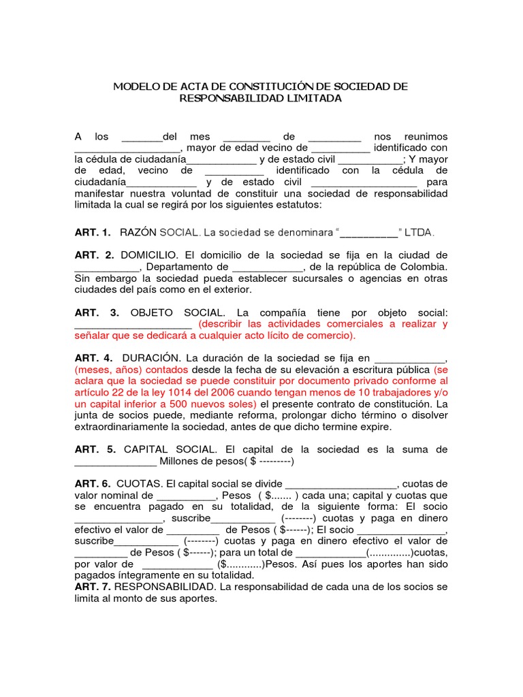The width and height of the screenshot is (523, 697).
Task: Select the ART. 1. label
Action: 92,232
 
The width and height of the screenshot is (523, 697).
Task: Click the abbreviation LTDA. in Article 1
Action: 419,232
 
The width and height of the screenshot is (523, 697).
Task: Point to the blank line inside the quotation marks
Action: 368,233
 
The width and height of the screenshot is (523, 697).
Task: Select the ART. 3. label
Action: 97,312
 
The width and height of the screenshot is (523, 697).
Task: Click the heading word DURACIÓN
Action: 151,358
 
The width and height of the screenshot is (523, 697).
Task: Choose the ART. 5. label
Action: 95,449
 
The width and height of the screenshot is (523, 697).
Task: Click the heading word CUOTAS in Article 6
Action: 140,484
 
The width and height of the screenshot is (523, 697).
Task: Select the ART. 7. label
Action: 93,586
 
